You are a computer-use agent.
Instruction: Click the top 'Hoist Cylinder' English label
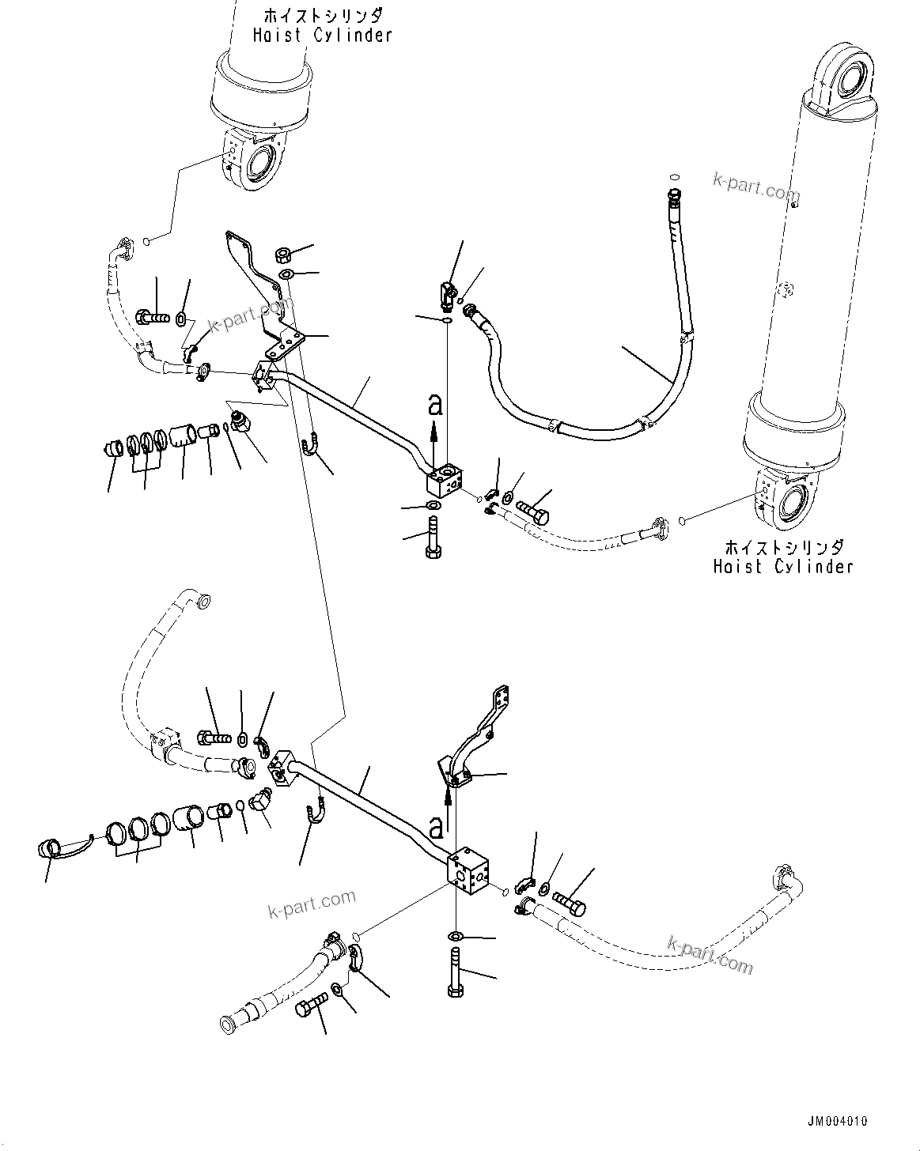coord(322,36)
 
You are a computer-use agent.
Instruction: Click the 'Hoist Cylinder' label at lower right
coord(782,566)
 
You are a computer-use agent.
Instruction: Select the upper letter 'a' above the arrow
coord(433,406)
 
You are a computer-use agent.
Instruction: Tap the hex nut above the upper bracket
coord(282,255)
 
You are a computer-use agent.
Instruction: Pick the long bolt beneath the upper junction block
coord(433,537)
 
